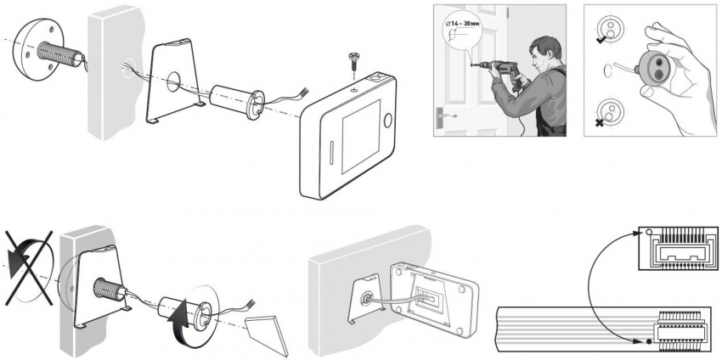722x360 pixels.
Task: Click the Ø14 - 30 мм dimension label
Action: [x=467, y=25]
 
